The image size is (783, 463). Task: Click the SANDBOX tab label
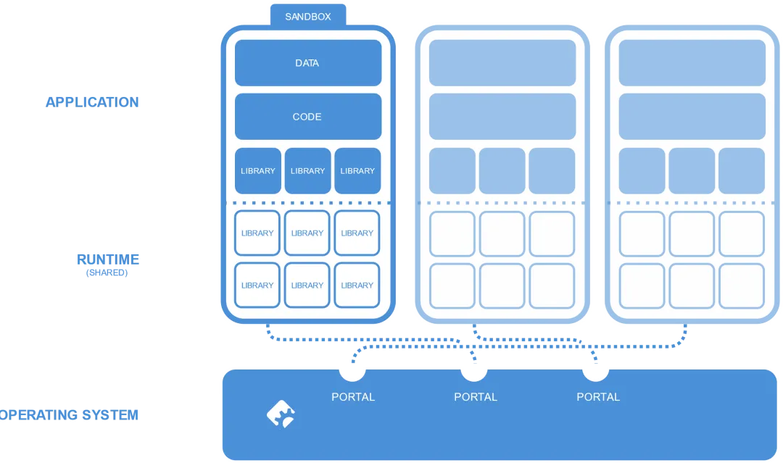[x=307, y=16]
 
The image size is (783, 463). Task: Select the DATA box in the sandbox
[x=307, y=63]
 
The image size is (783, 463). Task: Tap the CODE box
[x=307, y=117]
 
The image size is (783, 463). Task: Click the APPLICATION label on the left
[x=91, y=101]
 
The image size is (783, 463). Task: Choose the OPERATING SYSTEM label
[x=70, y=415]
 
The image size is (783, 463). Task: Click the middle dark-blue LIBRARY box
[x=307, y=171]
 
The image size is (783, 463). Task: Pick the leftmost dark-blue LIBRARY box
[x=258, y=171]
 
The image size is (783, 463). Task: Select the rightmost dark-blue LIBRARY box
[x=357, y=171]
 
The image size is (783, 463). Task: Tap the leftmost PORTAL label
[x=353, y=397]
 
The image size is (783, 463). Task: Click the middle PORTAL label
[x=476, y=397]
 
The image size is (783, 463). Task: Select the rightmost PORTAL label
[x=598, y=397]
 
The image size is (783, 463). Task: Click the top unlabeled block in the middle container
[x=502, y=63]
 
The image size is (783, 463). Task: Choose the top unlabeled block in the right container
[x=692, y=63]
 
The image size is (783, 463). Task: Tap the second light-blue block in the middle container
[x=502, y=117]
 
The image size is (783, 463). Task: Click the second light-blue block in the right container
[x=692, y=117]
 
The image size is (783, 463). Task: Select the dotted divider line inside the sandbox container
[x=307, y=203]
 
